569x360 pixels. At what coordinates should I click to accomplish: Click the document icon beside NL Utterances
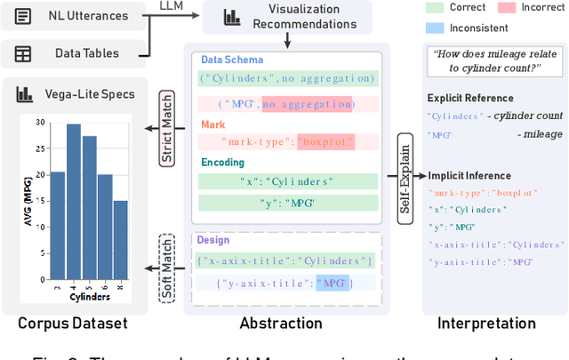(22, 15)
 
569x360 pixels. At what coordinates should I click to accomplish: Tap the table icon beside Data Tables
(22, 54)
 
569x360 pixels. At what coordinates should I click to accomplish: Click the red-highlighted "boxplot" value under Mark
(326, 141)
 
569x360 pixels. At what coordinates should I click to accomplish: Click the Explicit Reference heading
(470, 98)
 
